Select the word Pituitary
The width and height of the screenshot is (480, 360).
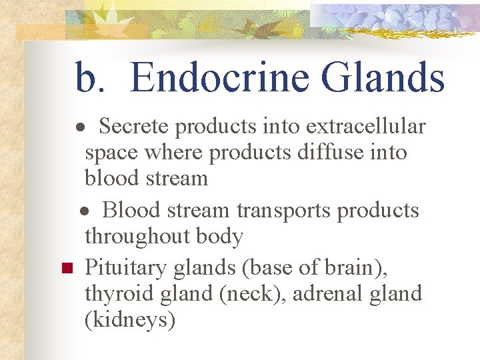(127, 268)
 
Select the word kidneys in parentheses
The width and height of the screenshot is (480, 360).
(130, 321)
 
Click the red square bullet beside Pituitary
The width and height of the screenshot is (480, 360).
(66, 269)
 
